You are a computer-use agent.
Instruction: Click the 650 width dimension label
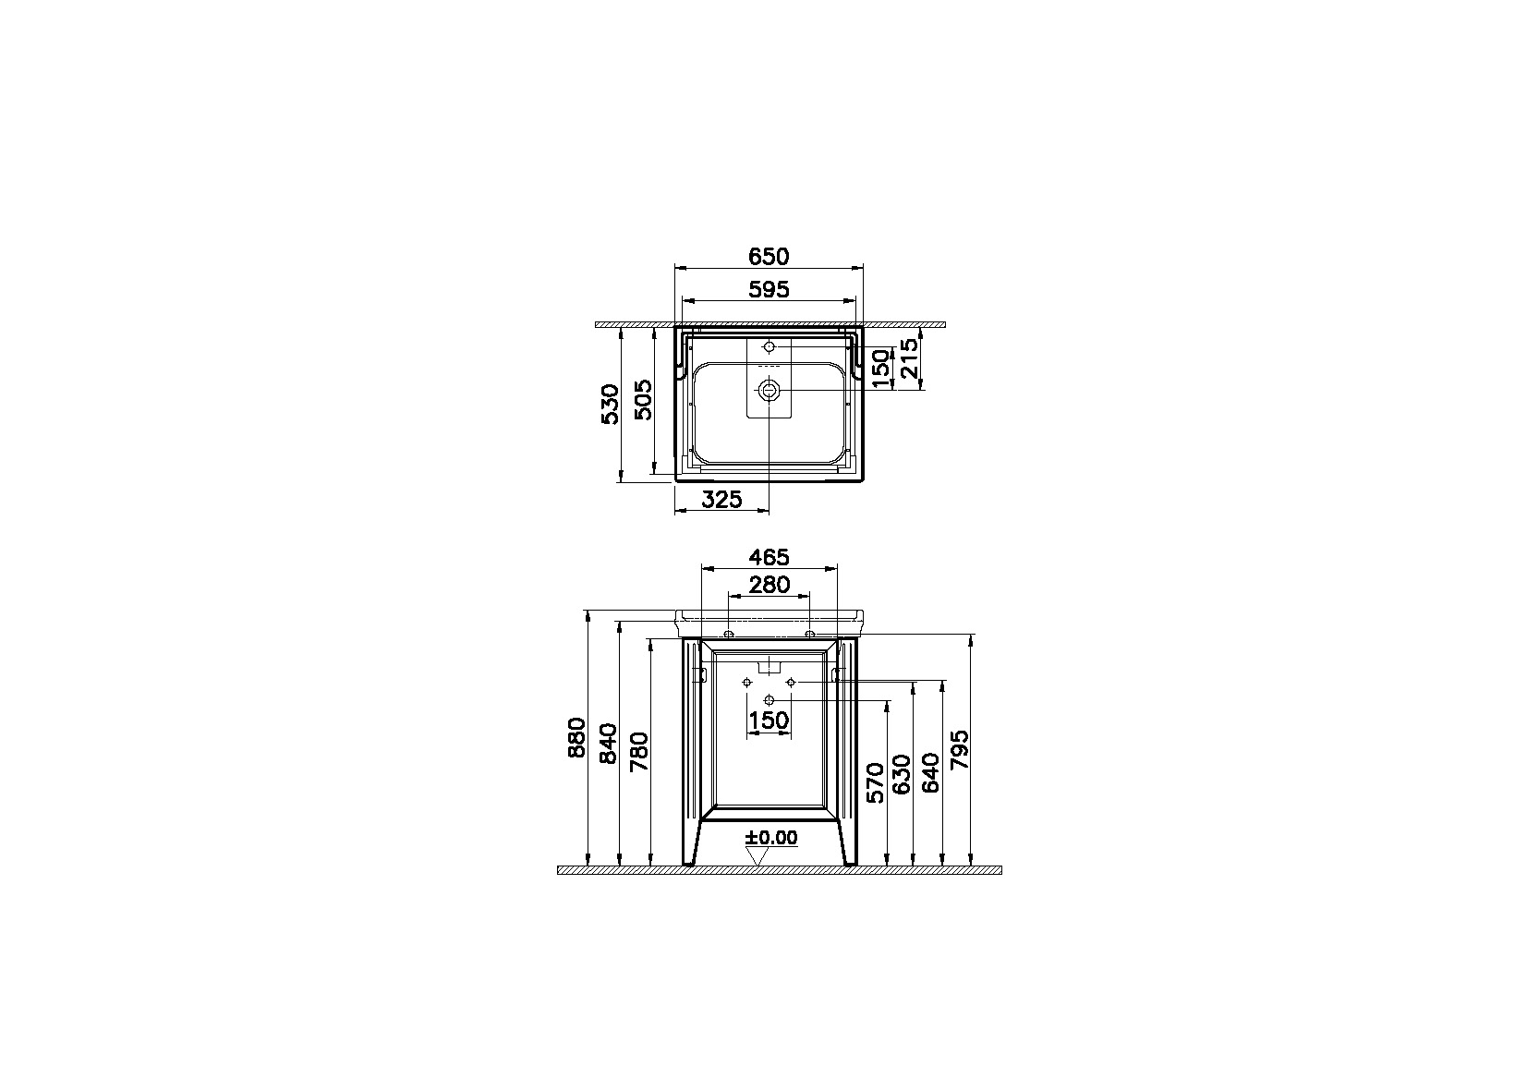tap(769, 257)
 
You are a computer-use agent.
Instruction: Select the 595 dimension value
tap(769, 290)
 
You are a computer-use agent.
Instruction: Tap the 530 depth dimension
tap(611, 405)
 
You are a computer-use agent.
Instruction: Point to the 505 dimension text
tap(643, 400)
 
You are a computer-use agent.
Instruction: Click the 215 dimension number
tap(909, 358)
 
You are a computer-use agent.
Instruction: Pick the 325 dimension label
tap(721, 500)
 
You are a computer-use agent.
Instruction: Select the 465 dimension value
tap(769, 557)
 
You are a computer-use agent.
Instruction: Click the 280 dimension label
tap(769, 585)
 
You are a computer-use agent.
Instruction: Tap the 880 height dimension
tap(576, 738)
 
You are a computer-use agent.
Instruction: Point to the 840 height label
tap(608, 744)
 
